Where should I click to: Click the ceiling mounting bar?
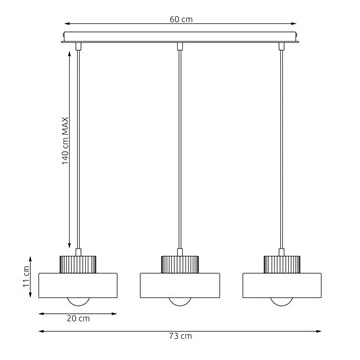coord(179,43)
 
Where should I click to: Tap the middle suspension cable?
coord(179,149)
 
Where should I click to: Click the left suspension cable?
coord(79,149)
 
